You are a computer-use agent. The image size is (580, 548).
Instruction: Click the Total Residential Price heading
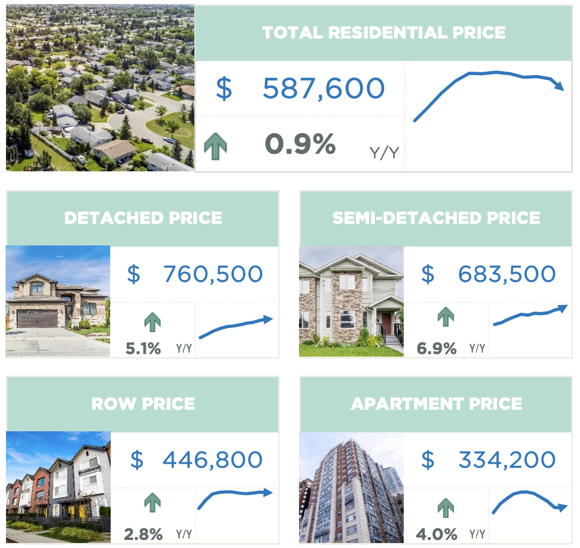384,33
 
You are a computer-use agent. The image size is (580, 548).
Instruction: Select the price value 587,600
324,89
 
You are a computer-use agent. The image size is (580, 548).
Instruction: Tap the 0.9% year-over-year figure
300,144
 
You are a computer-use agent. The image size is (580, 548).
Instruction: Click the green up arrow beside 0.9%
215,146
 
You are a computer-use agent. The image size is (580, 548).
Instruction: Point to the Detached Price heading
143,218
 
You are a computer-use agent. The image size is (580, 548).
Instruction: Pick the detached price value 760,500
213,274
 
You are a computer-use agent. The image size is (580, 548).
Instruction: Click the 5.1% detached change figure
143,348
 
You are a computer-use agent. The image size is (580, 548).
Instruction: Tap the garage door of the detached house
38,319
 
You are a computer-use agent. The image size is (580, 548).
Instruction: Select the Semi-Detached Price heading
436,218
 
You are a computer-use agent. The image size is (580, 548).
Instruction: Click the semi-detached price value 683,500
507,274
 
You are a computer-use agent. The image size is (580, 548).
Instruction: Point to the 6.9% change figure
436,348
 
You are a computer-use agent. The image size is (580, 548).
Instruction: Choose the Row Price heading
143,404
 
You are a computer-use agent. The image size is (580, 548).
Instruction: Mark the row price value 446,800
212,460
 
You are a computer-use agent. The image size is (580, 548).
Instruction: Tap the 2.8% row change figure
143,534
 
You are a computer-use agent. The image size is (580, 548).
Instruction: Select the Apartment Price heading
436,404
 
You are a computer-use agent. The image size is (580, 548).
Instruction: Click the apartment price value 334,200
507,460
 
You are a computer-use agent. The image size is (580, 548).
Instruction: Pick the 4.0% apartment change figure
437,534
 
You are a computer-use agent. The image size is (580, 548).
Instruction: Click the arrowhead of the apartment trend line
563,508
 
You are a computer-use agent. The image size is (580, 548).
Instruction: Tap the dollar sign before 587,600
224,89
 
